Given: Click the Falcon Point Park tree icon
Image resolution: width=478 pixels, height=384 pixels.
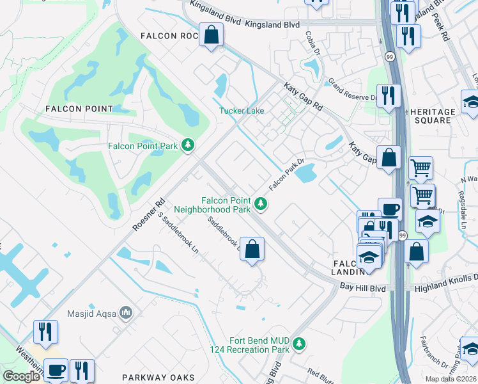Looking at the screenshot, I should [188, 146].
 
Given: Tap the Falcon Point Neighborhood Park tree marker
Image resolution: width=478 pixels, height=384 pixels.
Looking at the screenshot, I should [260, 204].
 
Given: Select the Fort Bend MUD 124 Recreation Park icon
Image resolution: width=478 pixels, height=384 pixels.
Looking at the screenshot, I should [298, 344].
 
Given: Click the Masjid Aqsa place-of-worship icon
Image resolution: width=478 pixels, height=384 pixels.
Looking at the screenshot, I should [127, 314].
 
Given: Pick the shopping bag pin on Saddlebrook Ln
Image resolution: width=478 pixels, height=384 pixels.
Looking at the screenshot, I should [252, 250].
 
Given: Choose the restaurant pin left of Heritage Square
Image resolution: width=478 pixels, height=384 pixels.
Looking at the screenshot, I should [389, 96].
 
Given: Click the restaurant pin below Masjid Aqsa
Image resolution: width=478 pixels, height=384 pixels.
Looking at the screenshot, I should [45, 332].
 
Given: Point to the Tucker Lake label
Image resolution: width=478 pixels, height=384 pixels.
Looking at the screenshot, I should [242, 111].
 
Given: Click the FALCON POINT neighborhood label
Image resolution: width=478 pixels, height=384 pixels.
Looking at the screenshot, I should [79, 109].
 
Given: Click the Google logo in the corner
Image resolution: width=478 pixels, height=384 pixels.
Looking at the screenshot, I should [20, 376].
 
